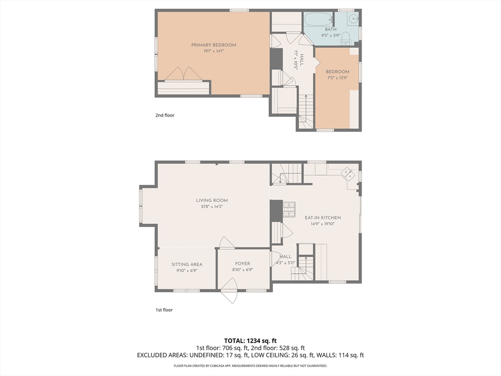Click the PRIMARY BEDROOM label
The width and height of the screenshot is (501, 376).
[x=214, y=45]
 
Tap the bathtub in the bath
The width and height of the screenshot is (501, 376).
[x=319, y=20]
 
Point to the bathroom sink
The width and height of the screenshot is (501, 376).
[x=354, y=19]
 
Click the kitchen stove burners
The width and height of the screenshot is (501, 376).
[x=289, y=210]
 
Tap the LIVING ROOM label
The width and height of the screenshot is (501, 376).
[x=212, y=200]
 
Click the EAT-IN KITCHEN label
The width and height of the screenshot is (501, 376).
[x=323, y=218]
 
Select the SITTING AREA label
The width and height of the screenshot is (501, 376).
[x=187, y=264]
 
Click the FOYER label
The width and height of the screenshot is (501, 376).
[x=243, y=264]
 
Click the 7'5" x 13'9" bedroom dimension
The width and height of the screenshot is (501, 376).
[x=338, y=78]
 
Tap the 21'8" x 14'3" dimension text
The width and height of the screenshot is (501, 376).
[x=212, y=207]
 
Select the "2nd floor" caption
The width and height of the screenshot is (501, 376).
[x=165, y=115]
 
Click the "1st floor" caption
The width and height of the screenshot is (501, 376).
[x=164, y=310]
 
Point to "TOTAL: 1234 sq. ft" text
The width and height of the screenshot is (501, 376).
[x=250, y=341]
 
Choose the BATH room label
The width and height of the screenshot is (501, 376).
[x=331, y=29]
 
